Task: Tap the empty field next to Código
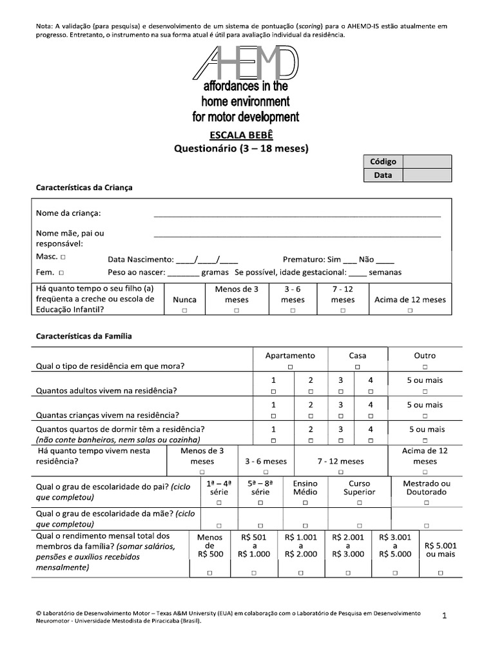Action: point(428,162)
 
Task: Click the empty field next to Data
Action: point(428,175)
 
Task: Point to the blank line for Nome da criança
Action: point(297,214)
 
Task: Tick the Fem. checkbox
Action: point(61,273)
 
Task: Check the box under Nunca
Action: point(185,310)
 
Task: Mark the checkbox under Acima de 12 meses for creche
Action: point(410,310)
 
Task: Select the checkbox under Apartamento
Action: point(290,367)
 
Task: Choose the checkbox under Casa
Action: point(358,367)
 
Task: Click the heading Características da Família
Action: point(84,336)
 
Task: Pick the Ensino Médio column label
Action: point(306,487)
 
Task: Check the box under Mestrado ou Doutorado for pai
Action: point(426,502)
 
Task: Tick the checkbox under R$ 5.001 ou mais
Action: point(441,572)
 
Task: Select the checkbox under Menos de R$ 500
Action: point(210,572)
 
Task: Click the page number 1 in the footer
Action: point(444,616)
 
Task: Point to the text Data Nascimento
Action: point(141,259)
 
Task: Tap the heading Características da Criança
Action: point(84,187)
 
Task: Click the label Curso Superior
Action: point(360,487)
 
